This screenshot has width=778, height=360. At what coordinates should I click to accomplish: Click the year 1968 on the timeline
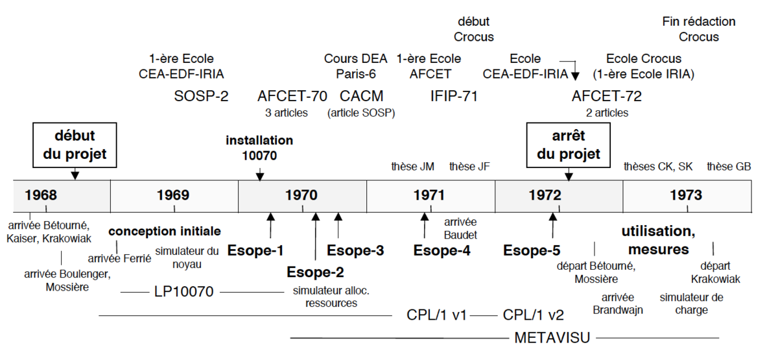(x=41, y=195)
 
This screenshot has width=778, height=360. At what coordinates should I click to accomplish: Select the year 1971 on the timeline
(x=429, y=195)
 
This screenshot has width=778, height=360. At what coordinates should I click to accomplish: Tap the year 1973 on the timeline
(x=686, y=195)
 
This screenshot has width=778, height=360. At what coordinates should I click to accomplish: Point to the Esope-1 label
(x=255, y=250)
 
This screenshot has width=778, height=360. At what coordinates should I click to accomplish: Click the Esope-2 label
(x=315, y=272)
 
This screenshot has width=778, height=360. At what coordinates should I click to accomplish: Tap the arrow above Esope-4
(x=425, y=225)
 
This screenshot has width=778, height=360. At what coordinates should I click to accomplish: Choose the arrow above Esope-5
(x=553, y=225)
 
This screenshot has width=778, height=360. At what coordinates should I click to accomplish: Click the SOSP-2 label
(x=201, y=96)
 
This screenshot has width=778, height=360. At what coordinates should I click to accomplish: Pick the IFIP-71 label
(x=454, y=96)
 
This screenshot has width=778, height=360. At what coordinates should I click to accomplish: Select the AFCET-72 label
(x=607, y=96)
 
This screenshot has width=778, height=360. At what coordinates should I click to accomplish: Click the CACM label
(x=361, y=96)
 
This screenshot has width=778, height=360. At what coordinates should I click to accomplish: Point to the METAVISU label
(x=552, y=338)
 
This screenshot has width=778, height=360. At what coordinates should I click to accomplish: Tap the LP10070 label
(x=183, y=291)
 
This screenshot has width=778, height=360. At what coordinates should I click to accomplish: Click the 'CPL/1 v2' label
(x=533, y=315)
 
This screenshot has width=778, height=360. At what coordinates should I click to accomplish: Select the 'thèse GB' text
(x=729, y=167)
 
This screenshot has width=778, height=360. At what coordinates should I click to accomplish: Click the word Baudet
(x=460, y=235)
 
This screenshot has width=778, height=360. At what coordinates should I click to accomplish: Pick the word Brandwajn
(x=618, y=310)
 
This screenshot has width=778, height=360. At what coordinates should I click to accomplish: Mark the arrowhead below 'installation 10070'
(x=260, y=176)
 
